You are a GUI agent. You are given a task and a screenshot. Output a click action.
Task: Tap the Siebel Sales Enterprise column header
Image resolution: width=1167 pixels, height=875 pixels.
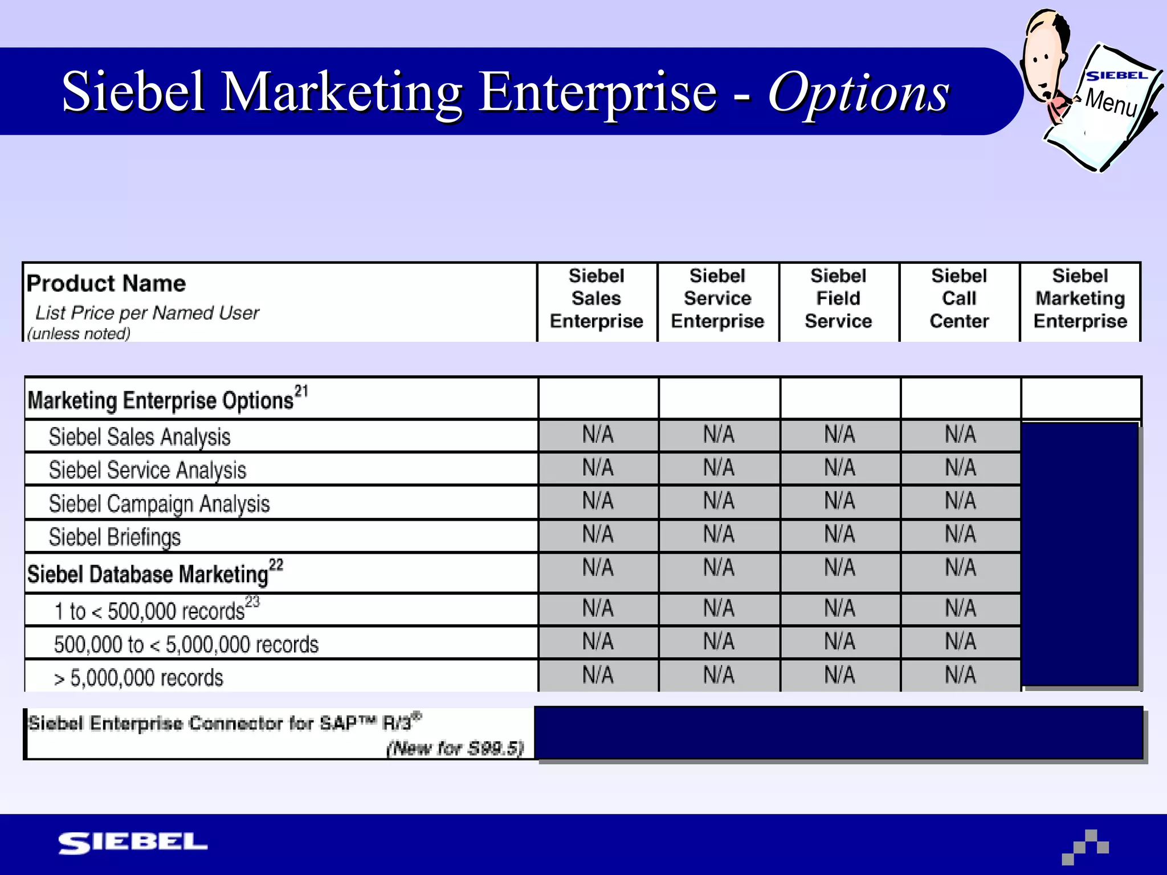(x=597, y=299)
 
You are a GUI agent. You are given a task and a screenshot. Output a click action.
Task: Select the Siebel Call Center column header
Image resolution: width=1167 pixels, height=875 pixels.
(x=959, y=299)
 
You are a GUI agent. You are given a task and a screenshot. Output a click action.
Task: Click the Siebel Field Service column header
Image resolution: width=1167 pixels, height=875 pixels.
(x=838, y=299)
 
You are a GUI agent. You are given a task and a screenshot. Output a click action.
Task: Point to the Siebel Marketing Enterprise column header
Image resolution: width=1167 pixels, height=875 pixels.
(x=1080, y=299)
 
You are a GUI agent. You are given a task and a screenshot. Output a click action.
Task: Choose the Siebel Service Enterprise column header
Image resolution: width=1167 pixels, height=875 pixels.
(x=717, y=299)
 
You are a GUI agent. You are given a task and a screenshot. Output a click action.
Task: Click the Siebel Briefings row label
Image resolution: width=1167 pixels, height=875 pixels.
(x=115, y=537)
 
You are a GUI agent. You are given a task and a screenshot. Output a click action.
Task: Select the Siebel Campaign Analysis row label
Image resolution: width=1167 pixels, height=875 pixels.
(x=159, y=504)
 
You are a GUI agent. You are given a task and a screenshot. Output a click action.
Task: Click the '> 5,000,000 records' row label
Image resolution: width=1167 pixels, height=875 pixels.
(x=138, y=678)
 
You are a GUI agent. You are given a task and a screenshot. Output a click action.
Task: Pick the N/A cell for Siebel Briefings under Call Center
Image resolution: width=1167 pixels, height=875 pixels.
(x=960, y=534)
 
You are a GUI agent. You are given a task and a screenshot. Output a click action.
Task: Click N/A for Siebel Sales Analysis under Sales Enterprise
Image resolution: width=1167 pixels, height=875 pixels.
(x=598, y=435)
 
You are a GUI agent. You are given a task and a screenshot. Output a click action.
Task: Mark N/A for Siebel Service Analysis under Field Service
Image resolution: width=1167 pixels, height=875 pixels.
(x=839, y=468)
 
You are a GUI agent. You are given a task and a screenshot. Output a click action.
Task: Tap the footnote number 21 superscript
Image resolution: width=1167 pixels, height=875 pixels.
(x=301, y=391)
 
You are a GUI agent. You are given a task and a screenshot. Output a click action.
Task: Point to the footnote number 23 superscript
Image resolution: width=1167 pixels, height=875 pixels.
(x=252, y=602)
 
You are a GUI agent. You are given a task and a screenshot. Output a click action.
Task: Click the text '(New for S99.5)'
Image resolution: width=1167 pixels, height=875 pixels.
(x=455, y=748)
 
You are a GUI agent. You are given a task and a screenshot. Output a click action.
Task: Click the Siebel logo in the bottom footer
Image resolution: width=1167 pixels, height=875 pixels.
(x=133, y=843)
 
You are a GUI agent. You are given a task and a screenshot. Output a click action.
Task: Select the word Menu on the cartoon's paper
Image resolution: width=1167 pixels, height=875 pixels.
(x=1111, y=103)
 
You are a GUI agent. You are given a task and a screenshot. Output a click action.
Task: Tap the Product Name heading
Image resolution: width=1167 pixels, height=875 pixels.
(x=106, y=283)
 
